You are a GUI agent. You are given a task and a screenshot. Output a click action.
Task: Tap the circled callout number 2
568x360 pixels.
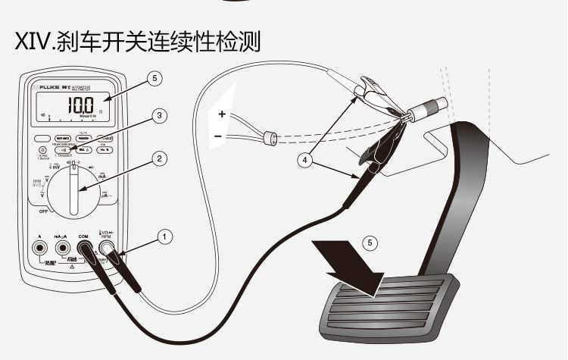pyautogui.click(x=158, y=158)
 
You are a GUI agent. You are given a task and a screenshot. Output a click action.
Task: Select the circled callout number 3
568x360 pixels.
pyautogui.click(x=158, y=116)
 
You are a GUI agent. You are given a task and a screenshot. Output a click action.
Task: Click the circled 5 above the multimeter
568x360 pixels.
pyautogui.click(x=155, y=78)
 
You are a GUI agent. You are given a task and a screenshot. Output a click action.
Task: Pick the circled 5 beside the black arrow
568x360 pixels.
pyautogui.click(x=369, y=243)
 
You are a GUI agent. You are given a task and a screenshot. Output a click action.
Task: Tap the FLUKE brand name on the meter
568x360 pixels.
pyautogui.click(x=51, y=89)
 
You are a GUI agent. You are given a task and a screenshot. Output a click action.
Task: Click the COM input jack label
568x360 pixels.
pyautogui.click(x=84, y=236)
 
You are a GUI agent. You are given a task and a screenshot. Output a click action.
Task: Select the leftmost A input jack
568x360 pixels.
pyautogui.click(x=38, y=248)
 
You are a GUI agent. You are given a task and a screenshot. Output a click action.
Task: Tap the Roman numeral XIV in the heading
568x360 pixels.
pyautogui.click(x=33, y=42)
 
